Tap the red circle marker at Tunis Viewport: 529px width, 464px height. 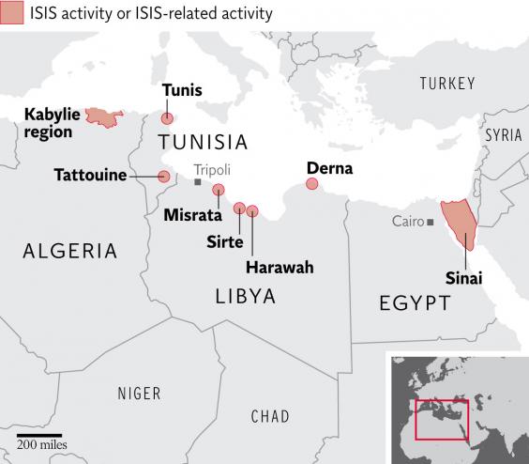point(167,119)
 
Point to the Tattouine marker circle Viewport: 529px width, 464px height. point(164,177)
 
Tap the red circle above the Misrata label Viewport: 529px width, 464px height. point(219,190)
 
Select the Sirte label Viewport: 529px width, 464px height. point(225,241)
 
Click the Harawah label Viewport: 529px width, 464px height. point(280,268)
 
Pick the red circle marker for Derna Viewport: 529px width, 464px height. point(311,184)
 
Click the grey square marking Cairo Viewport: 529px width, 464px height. point(431,222)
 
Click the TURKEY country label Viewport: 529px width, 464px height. point(447,85)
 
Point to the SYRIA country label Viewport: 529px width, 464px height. point(503,135)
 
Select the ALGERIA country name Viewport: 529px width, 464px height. point(70,251)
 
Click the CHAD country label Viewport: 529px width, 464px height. point(271,416)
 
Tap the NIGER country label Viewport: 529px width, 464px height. point(139,394)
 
